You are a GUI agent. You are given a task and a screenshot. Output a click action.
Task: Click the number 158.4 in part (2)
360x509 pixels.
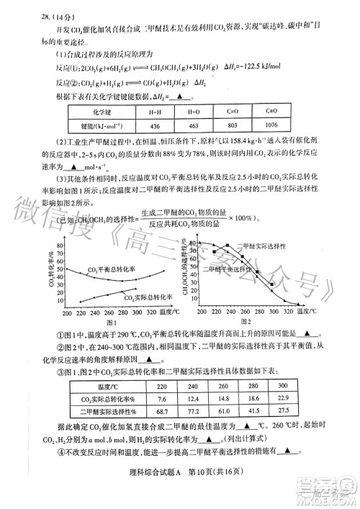(265, 143)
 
